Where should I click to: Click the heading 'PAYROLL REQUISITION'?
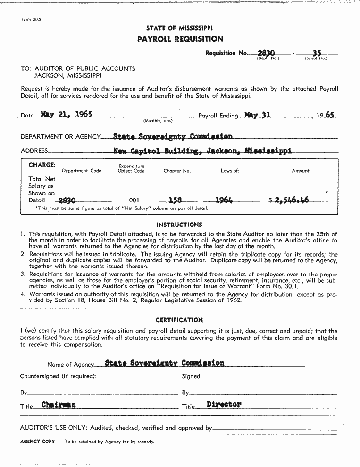click(x=180, y=39)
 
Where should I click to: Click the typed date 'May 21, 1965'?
click(x=66, y=114)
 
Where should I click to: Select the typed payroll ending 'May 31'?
click(x=257, y=115)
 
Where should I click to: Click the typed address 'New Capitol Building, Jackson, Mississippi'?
click(x=202, y=150)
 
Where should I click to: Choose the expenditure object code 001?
click(x=134, y=200)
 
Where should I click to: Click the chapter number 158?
click(x=176, y=200)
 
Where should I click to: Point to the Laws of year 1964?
click(x=224, y=200)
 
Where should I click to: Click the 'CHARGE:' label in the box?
click(x=42, y=165)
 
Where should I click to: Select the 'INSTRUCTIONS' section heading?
click(x=179, y=225)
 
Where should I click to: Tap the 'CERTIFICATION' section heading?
click(x=179, y=320)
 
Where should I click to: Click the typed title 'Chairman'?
click(x=59, y=404)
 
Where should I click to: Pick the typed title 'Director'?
click(x=224, y=404)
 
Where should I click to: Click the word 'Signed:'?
click(x=192, y=376)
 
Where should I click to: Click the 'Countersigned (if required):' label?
click(x=58, y=376)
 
